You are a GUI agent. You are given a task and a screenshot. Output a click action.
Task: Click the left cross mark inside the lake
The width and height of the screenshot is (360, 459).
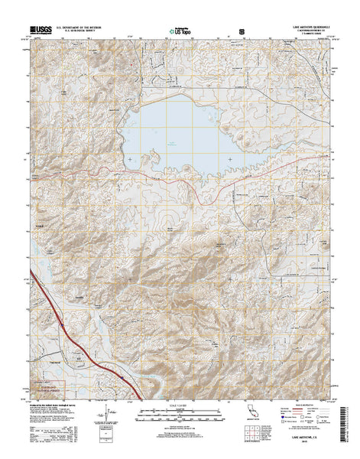pyautogui.click(x=130, y=158)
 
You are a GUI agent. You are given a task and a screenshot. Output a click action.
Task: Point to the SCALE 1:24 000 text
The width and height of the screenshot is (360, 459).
pyautogui.click(x=179, y=405)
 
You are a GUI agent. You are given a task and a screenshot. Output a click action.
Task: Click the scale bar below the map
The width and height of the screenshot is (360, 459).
pyautogui.click(x=179, y=418)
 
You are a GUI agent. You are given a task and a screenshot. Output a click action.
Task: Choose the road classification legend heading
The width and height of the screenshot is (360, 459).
pyautogui.click(x=303, y=406)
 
